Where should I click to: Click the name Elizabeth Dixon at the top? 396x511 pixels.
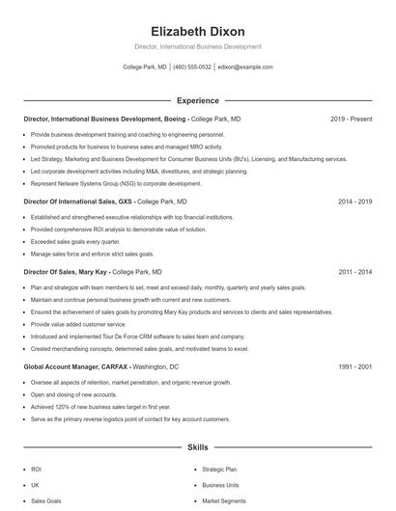[197, 31]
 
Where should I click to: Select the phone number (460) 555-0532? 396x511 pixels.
[191, 67]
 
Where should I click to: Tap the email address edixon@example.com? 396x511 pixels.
[245, 67]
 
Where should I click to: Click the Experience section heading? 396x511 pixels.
[197, 100]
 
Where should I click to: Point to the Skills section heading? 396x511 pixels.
[197, 447]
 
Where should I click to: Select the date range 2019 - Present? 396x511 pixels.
[351, 119]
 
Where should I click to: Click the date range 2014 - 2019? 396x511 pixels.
[354, 202]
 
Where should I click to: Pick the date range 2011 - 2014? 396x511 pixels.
[354, 272]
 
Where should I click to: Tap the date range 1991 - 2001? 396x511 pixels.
[354, 366]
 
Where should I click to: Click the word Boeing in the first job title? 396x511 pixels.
[175, 119]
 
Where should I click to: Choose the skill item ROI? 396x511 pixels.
[36, 469]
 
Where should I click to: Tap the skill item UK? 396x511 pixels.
[35, 485]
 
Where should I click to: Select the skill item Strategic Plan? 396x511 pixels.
[219, 469]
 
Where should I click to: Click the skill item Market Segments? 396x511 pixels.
[223, 501]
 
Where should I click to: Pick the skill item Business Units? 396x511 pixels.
[219, 485]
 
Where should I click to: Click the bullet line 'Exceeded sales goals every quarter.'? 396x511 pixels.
[78, 242]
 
